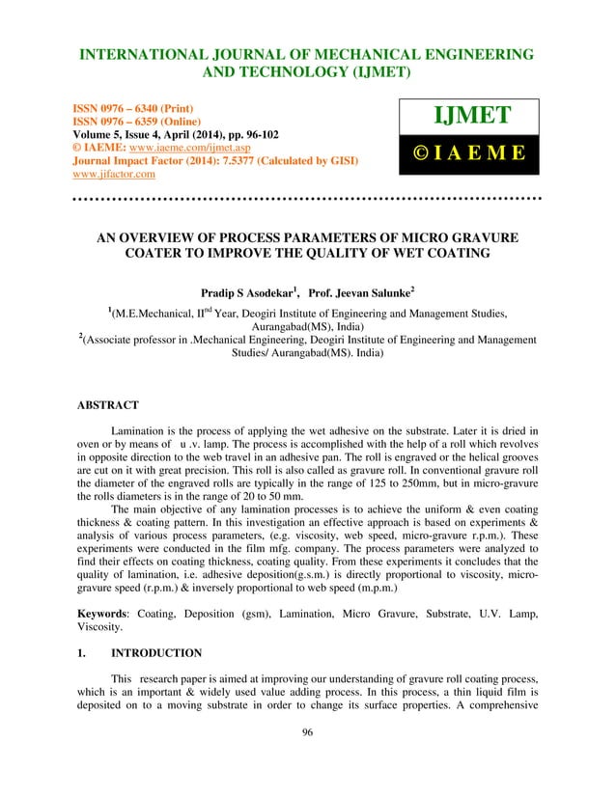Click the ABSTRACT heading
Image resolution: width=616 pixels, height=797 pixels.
pyautogui.click(x=108, y=405)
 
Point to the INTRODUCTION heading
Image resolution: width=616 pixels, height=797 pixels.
pyautogui.click(x=156, y=652)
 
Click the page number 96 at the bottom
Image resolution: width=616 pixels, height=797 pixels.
pyautogui.click(x=307, y=759)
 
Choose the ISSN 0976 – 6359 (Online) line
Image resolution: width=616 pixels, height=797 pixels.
pyautogui.click(x=137, y=123)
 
